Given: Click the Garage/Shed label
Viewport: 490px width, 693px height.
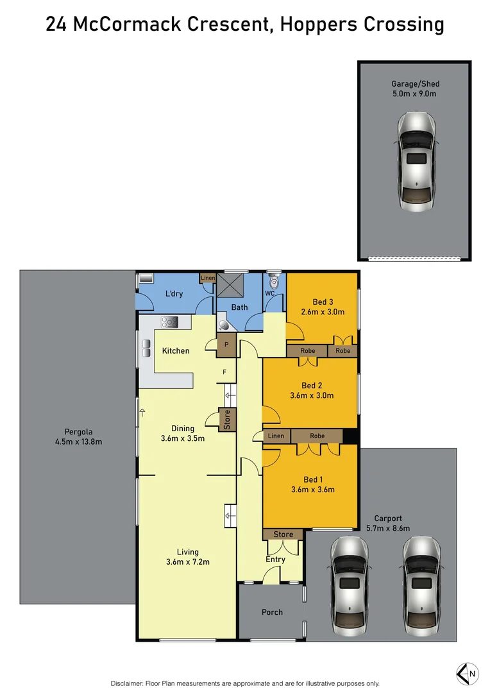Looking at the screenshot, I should tap(415, 83).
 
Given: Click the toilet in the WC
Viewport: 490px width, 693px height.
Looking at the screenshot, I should tap(275, 282).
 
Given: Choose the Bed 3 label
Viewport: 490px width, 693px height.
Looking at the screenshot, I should tap(323, 302).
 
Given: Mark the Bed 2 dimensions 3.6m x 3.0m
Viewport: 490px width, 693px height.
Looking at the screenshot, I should tap(312, 395).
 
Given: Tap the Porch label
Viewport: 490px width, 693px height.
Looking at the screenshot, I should tap(272, 612).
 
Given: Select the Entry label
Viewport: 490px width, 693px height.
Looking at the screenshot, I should tap(276, 560).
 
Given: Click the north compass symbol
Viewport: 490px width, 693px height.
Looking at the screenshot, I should tap(467, 673).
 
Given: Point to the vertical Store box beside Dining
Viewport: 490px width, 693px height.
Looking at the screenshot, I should tap(227, 420).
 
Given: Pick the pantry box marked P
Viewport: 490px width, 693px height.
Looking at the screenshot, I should tap(226, 345).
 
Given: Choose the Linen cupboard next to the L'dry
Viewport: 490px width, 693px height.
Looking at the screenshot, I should tap(207, 278).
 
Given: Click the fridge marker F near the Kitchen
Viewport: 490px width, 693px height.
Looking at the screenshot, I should tap(224, 372).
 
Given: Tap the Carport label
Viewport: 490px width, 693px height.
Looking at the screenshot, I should tap(389, 518).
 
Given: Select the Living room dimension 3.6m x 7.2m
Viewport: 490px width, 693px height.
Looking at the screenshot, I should tap(188, 562).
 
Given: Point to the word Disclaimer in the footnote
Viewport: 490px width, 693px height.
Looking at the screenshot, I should tap(130, 683).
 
